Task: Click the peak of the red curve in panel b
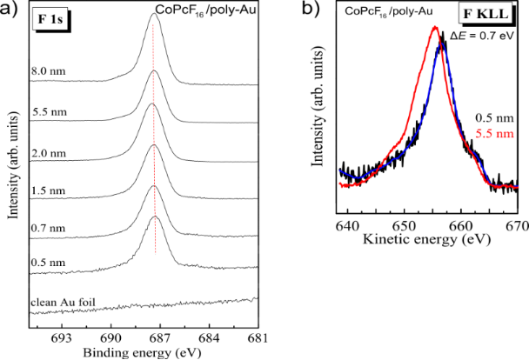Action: click(x=433, y=28)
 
